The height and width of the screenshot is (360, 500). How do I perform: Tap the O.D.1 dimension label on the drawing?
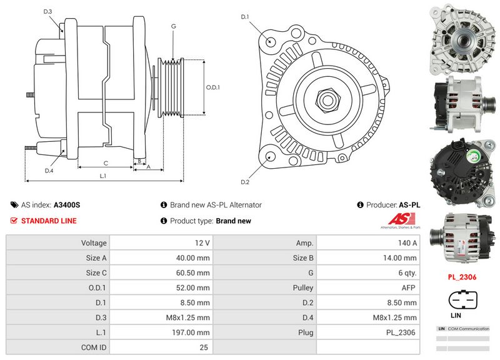tap(213, 87)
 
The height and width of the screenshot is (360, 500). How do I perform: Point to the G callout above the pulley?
tap(173, 26)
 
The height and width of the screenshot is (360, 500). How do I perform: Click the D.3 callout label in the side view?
tap(48, 12)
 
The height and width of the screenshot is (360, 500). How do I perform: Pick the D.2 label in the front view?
tap(245, 182)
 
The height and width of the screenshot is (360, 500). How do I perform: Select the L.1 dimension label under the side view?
tap(103, 176)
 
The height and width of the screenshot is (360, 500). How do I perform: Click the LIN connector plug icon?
tap(462, 301)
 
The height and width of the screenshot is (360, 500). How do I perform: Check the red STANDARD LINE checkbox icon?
tap(14, 221)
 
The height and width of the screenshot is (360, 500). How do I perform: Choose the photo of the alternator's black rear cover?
tap(461, 170)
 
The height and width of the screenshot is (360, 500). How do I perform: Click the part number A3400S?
tap(67, 204)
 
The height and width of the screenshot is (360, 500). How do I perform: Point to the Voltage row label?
tap(94, 242)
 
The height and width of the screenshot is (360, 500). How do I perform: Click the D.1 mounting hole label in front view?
tap(245, 16)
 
